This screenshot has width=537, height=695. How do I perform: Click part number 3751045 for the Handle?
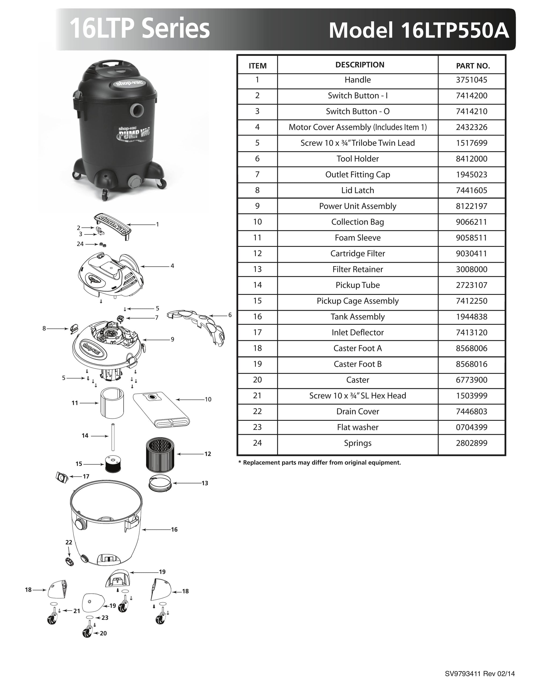471,80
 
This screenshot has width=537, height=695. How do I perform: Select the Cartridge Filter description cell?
357,254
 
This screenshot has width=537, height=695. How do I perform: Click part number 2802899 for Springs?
471,443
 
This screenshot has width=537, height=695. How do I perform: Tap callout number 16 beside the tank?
174,530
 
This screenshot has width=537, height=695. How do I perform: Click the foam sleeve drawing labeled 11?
112,403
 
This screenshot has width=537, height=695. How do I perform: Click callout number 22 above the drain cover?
69,542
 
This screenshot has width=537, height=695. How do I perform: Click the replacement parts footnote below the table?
320,463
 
